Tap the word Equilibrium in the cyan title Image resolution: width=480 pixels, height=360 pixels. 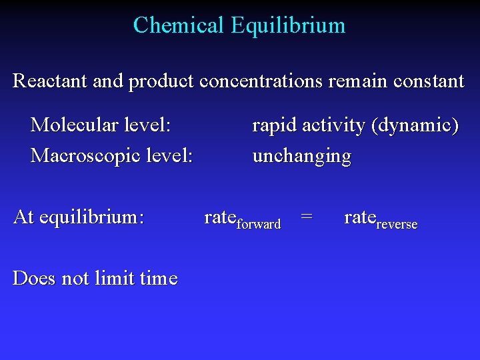pos(288,25)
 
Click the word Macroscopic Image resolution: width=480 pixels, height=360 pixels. pos(78,156)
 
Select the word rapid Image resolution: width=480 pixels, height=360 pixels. pos(274,125)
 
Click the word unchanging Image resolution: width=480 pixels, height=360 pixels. pos(301,157)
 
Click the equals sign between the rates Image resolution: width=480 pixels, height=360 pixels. pos(307,216)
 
